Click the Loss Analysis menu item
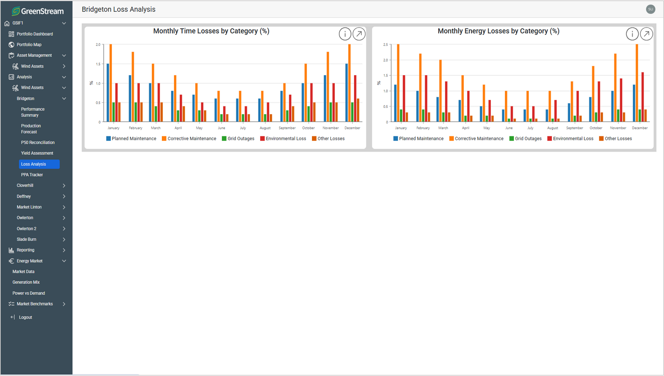(x=34, y=164)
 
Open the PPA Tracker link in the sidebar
(x=32, y=175)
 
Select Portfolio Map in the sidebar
(x=29, y=45)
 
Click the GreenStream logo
(x=38, y=11)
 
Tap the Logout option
(x=25, y=317)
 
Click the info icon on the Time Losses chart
(x=345, y=34)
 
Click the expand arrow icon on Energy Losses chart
(x=646, y=34)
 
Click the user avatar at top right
(x=651, y=9)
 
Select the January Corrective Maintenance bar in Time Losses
(x=111, y=83)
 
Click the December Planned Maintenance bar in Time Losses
(x=347, y=93)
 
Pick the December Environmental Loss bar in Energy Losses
(x=643, y=97)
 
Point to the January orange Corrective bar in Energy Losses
(x=398, y=83)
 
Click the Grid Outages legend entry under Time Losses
(x=238, y=139)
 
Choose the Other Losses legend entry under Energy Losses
(x=615, y=139)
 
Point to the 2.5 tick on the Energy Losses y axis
(x=385, y=45)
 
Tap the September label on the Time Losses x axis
(x=287, y=128)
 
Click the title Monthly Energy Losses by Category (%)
(x=498, y=31)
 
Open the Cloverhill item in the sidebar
(x=25, y=185)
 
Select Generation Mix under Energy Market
(x=26, y=282)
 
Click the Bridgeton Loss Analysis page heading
(x=119, y=9)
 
